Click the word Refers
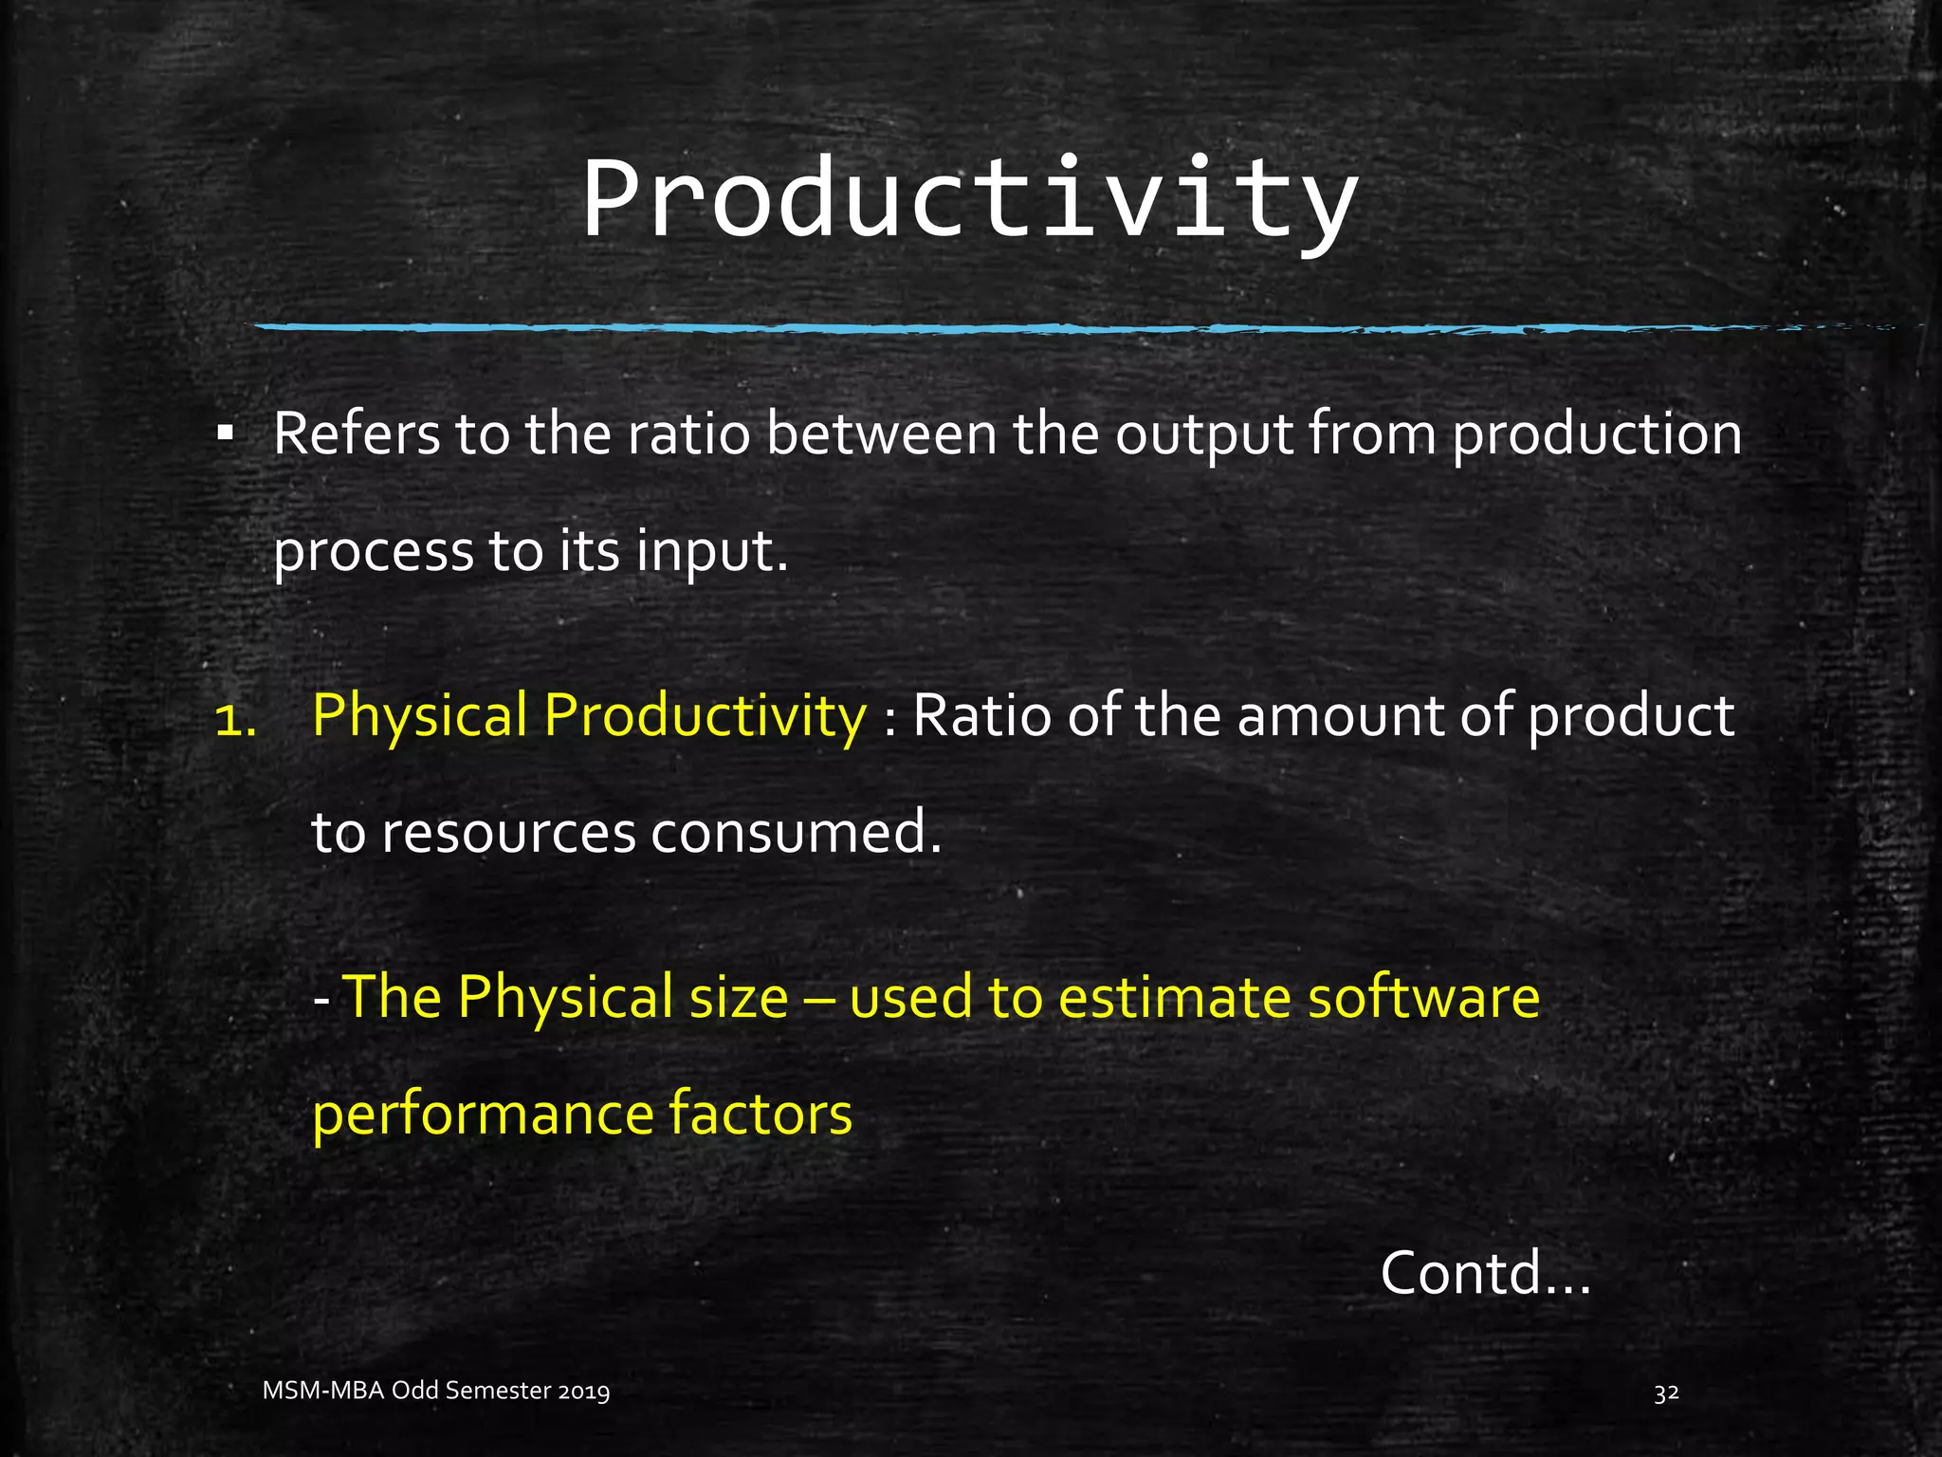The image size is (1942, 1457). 357,434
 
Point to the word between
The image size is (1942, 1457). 881,434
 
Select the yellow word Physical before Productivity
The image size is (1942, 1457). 419,717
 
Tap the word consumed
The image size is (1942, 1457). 797,833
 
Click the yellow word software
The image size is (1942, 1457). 1422,998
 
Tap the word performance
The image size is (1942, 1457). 483,1116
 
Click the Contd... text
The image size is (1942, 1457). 1484,1273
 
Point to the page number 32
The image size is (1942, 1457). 1666,1392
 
